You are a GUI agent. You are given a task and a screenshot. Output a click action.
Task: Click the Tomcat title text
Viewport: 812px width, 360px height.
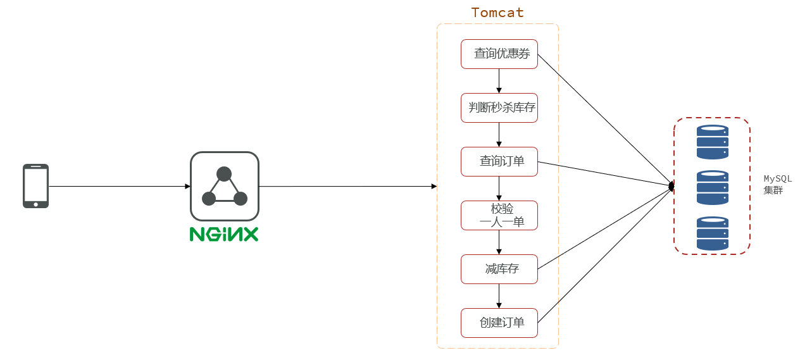coord(497,13)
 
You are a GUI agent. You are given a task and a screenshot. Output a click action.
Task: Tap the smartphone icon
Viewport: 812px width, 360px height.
coord(35,186)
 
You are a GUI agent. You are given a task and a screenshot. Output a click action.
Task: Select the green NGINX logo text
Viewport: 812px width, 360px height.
coord(224,234)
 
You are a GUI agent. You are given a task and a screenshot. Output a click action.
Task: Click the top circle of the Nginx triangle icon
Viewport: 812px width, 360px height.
coord(224,174)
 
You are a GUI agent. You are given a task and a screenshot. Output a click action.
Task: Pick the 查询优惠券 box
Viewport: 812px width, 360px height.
coord(499,54)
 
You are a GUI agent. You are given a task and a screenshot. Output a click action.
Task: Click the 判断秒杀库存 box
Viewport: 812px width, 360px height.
coord(499,108)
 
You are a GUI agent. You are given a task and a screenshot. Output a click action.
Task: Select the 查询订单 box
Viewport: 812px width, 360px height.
coord(499,162)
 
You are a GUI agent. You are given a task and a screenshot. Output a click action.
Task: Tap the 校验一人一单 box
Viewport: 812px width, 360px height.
coord(499,215)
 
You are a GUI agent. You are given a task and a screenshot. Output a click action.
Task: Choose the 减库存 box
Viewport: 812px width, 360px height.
coord(499,269)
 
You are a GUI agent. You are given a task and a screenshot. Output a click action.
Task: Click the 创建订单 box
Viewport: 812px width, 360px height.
coord(499,323)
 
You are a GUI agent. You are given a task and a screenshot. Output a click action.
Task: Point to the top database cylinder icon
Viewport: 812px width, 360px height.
coord(712,142)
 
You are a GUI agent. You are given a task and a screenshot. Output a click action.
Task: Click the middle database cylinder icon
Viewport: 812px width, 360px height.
coord(712,188)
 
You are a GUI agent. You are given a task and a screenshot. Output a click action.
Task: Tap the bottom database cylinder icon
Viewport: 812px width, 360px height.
coord(712,233)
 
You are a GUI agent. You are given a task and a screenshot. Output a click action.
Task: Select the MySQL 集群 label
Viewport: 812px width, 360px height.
coord(777,184)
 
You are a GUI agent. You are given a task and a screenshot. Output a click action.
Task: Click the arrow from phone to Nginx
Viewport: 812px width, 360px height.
coord(120,187)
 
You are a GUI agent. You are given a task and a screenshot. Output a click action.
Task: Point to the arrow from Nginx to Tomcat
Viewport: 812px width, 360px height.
coord(348,187)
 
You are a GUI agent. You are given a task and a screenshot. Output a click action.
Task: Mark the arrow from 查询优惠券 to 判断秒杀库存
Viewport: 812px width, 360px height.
coord(499,81)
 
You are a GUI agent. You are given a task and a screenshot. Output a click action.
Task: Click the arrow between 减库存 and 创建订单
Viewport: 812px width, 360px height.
coord(499,296)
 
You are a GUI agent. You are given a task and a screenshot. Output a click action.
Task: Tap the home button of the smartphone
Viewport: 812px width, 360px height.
coord(35,204)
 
